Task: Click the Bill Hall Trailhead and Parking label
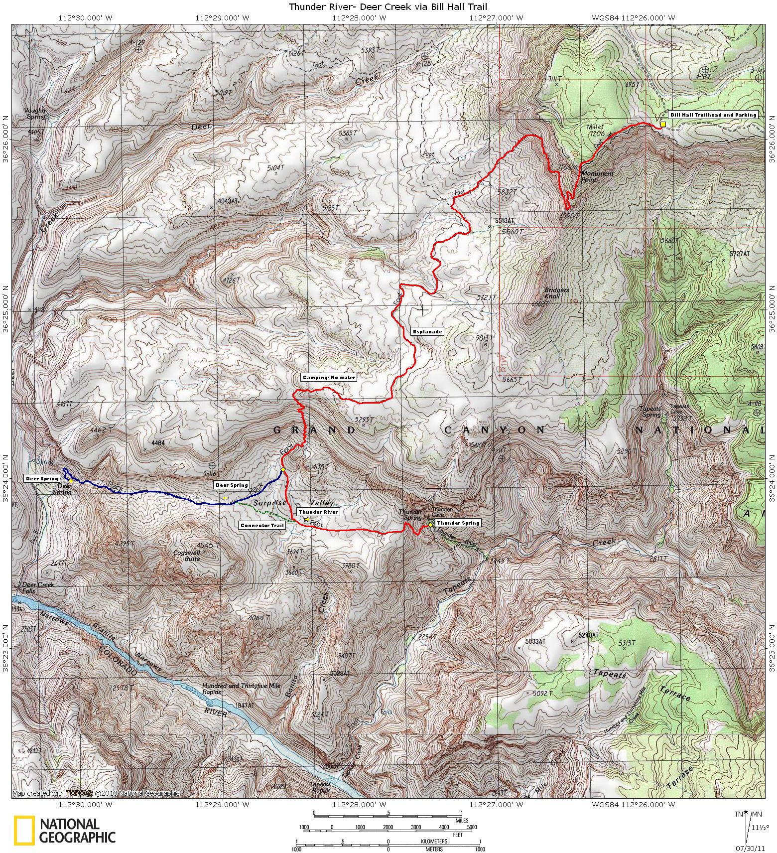tap(713, 115)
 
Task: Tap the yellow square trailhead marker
tap(663, 124)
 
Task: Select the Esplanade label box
tap(427, 331)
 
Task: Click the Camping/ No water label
tap(329, 377)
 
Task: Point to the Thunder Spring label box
tap(458, 523)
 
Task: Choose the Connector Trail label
tap(262, 525)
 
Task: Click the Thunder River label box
tap(318, 512)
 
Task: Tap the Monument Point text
tap(597, 176)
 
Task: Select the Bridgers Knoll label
tap(556, 293)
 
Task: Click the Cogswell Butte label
tap(187, 556)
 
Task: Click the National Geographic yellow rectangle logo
tap(24, 831)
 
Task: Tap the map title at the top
tap(388, 6)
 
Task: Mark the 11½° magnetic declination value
tap(759, 828)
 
